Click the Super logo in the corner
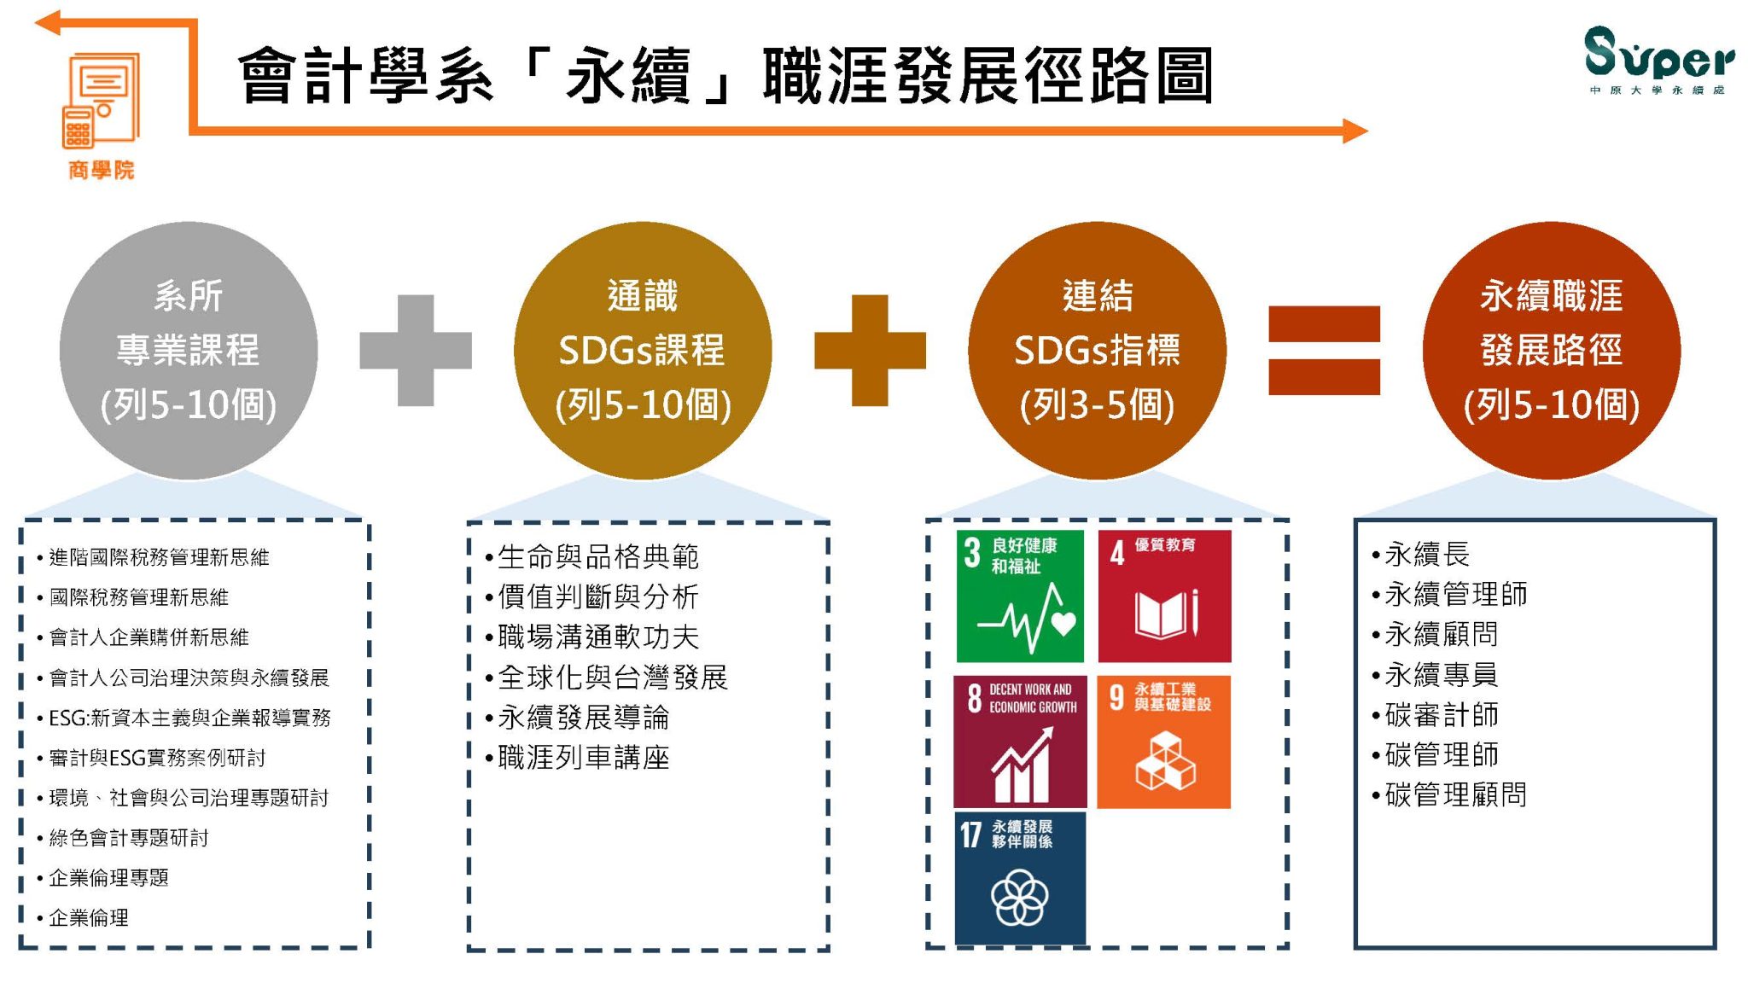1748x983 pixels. click(1659, 60)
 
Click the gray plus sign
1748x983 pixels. click(416, 350)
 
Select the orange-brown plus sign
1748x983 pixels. click(870, 350)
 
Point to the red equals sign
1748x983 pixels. click(1324, 350)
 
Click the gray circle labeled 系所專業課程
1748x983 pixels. click(189, 350)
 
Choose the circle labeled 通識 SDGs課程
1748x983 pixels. click(643, 350)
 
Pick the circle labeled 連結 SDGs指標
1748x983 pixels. click(1097, 350)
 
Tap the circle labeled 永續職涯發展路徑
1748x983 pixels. click(1552, 350)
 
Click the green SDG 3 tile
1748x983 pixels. click(1020, 596)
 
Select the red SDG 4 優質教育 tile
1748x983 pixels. click(1164, 596)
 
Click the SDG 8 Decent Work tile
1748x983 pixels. click(1020, 742)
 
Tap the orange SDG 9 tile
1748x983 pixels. click(1163, 742)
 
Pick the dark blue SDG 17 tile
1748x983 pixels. click(1020, 878)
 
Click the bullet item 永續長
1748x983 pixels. click(1420, 555)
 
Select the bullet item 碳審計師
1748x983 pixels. click(1435, 715)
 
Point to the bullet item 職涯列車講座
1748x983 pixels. click(577, 758)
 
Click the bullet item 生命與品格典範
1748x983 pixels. click(591, 557)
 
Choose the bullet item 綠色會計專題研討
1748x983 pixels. click(123, 838)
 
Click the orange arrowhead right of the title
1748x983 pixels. click(1355, 131)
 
